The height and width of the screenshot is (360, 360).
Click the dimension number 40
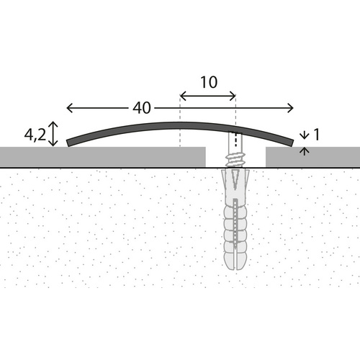pyautogui.click(x=141, y=108)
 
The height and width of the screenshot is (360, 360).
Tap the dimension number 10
pyautogui.click(x=208, y=82)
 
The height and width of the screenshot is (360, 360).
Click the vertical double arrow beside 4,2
pyautogui.click(x=53, y=134)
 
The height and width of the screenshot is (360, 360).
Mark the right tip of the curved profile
pyautogui.click(x=292, y=143)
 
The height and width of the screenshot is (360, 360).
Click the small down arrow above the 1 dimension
pyautogui.click(x=305, y=134)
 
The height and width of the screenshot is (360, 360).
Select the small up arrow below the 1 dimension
pyautogui.click(x=305, y=150)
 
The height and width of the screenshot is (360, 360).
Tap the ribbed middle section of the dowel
pyautogui.click(x=235, y=223)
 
